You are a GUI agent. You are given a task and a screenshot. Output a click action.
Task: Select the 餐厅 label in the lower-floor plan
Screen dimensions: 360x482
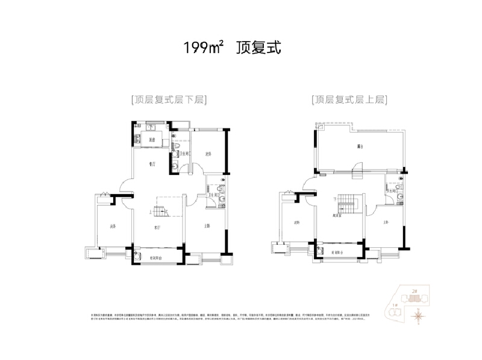coord(153,163)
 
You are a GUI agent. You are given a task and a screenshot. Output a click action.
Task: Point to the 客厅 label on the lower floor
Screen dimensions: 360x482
coord(156,228)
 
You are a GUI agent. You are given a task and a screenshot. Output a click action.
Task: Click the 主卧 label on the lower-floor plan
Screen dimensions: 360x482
coord(206,227)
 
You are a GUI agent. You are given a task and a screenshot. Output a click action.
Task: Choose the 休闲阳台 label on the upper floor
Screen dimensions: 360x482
coord(337,252)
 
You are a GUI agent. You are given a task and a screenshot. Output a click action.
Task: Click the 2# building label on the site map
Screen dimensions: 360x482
coord(413,291)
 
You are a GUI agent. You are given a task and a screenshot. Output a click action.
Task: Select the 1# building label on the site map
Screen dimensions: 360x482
coord(395,306)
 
